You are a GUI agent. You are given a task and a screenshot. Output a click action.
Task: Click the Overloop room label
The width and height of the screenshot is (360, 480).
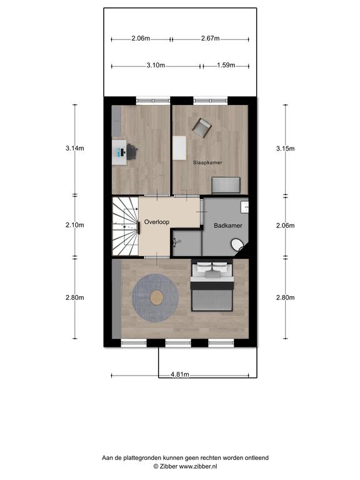pos(156,222)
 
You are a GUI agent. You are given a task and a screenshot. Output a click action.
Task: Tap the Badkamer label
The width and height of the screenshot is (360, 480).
pos(227,226)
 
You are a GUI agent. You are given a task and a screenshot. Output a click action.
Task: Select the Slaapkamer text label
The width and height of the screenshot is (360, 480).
pos(207,162)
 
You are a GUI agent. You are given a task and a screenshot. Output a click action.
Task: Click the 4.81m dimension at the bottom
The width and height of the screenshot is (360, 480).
pos(180,374)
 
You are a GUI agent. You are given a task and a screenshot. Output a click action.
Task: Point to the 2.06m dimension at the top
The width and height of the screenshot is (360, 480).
pos(141,38)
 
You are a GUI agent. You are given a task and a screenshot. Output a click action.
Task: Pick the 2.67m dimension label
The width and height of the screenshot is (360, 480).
pos(210,38)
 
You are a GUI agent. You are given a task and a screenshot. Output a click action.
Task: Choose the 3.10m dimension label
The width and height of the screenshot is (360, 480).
pos(156,65)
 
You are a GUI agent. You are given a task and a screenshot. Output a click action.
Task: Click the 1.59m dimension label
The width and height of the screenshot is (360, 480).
pos(226,65)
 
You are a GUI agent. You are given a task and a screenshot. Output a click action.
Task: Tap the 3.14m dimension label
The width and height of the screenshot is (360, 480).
pos(75,148)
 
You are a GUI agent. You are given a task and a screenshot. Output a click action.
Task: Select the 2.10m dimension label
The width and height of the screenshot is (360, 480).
pos(75,225)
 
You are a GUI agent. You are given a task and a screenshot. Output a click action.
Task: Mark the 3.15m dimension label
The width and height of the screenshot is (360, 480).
pos(285,149)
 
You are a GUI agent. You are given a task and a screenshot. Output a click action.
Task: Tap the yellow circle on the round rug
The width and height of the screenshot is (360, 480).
pos(157,297)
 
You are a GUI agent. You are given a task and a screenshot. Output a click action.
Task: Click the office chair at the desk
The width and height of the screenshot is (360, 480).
pos(132,151)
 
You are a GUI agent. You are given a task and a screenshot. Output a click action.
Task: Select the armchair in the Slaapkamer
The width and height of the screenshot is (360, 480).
pos(202,127)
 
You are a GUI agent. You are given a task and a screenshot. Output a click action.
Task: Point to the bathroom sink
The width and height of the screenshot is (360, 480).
pos(244,207)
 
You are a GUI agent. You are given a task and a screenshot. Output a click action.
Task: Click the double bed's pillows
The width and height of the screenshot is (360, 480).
pos(212,268)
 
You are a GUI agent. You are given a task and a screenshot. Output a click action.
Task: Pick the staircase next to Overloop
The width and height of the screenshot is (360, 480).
pos(125,226)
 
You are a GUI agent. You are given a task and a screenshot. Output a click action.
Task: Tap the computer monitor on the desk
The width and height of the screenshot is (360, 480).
pos(119,151)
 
